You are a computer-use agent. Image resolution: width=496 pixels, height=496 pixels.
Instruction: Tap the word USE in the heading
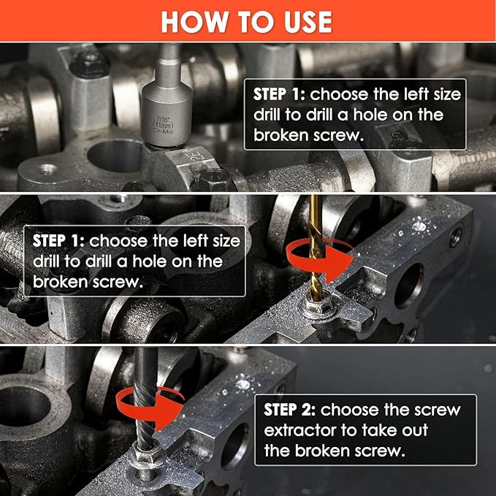[308, 22]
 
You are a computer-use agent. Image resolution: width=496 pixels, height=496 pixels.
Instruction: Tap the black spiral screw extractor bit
[145, 399]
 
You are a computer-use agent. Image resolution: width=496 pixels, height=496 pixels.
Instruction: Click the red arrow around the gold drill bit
[318, 259]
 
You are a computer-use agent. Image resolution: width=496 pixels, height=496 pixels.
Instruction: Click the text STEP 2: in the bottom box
[289, 410]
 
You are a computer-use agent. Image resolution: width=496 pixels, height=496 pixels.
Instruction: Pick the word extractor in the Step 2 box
[299, 430]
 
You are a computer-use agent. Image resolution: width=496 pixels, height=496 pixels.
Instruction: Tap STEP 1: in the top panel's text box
[279, 94]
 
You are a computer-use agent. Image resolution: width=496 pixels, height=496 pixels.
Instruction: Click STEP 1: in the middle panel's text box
[58, 241]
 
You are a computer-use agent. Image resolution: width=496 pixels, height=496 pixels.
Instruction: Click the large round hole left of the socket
[115, 156]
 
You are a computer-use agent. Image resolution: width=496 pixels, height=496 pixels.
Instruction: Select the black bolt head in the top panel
[90, 64]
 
